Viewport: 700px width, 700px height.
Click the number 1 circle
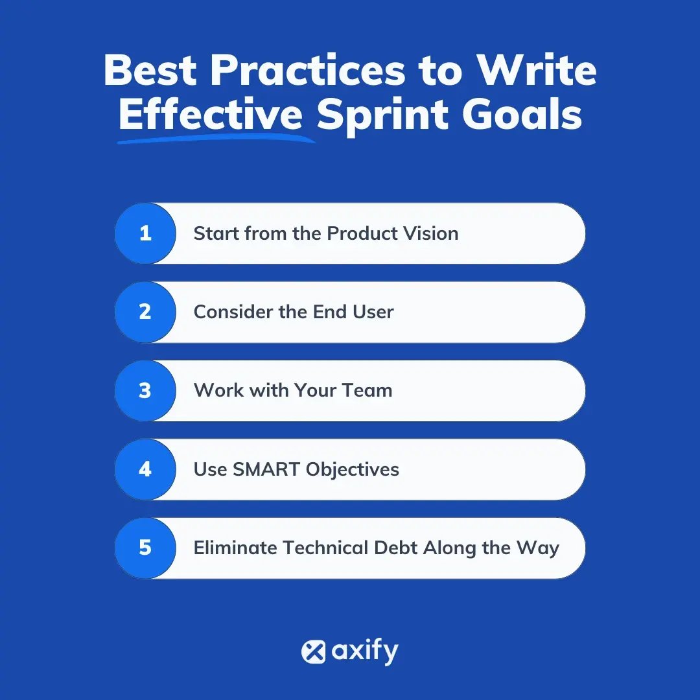pos(145,233)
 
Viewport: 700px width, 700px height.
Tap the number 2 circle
pos(145,312)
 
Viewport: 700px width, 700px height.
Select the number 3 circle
pos(145,390)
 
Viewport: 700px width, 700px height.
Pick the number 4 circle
pos(145,469)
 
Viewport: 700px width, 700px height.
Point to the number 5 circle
pos(145,548)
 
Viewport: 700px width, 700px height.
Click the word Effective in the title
pos(211,115)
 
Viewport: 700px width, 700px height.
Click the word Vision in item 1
pos(429,233)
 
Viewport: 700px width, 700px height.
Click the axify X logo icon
pos(313,651)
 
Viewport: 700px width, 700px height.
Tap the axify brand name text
pos(365,651)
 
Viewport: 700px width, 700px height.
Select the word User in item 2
pos(373,312)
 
